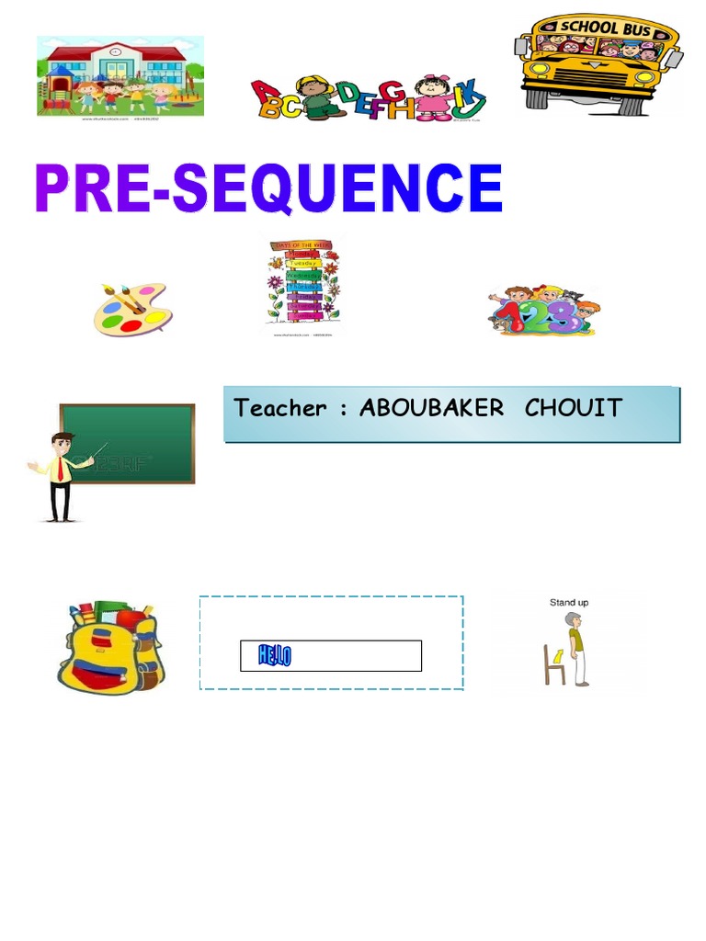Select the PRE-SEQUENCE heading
268,190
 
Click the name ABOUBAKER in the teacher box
431,408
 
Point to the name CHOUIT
574,408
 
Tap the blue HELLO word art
275,656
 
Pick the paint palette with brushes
130,309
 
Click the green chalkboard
128,443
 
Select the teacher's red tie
62,470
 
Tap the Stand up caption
569,603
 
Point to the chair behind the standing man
554,664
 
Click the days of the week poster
303,283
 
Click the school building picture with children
120,75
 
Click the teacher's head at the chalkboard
62,443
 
